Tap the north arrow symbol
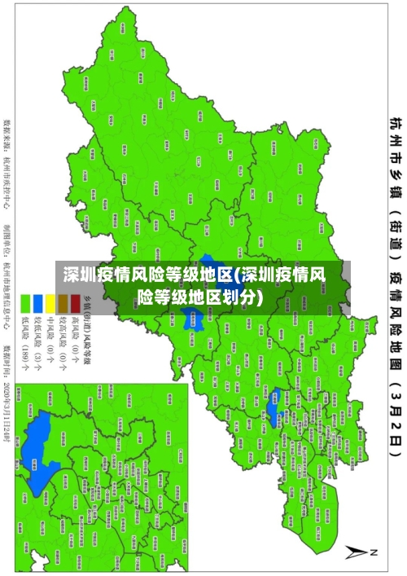pos(359,552)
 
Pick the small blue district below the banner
pos(275,383)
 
